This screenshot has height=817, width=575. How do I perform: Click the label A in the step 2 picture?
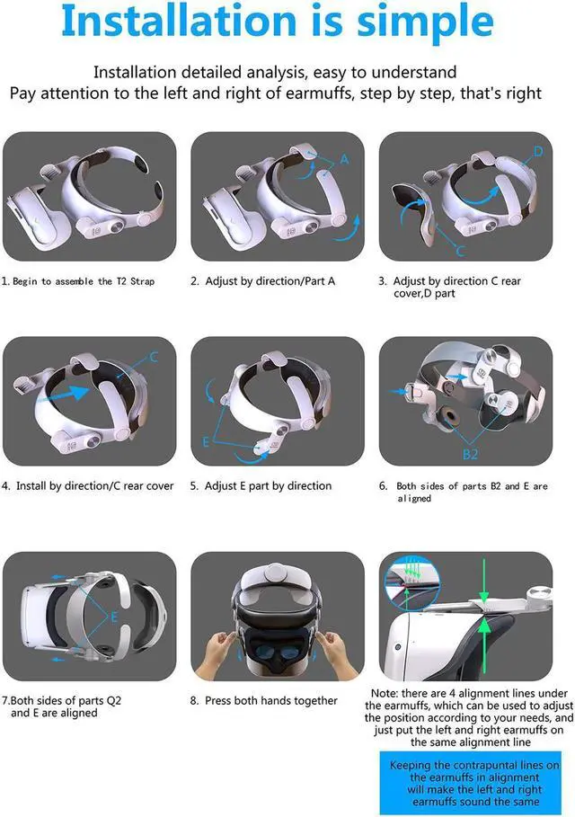pos(343,159)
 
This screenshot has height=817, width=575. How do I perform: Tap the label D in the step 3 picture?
pos(538,152)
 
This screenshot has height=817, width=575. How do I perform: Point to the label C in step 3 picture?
pos(460,251)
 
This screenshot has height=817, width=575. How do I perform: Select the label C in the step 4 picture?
pos(154,358)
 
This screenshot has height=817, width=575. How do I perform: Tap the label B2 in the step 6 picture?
pos(470,454)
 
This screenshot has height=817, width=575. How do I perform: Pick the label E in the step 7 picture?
pos(114,617)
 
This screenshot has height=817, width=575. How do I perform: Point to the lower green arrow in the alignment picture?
pos(482,644)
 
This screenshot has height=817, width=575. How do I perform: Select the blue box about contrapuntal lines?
pos(464,783)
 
